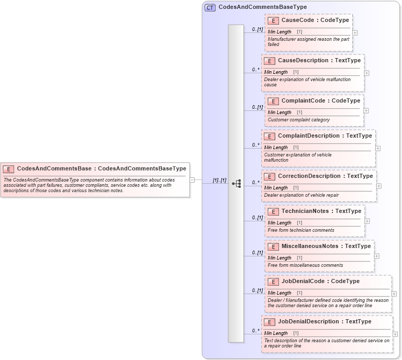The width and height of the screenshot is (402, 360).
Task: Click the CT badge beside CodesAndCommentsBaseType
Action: coord(210,7)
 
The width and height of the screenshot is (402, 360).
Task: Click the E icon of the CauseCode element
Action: coord(273,20)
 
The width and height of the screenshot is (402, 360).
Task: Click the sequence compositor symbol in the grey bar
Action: coord(236,183)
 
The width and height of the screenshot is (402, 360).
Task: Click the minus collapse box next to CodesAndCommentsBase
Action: coord(192,180)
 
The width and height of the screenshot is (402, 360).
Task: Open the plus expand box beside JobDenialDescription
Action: coord(396,334)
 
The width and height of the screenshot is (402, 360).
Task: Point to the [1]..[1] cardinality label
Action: coord(219,181)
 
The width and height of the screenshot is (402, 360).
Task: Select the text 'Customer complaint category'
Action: coord(298,120)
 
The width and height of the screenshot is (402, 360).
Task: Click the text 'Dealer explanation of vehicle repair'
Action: coord(301,195)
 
